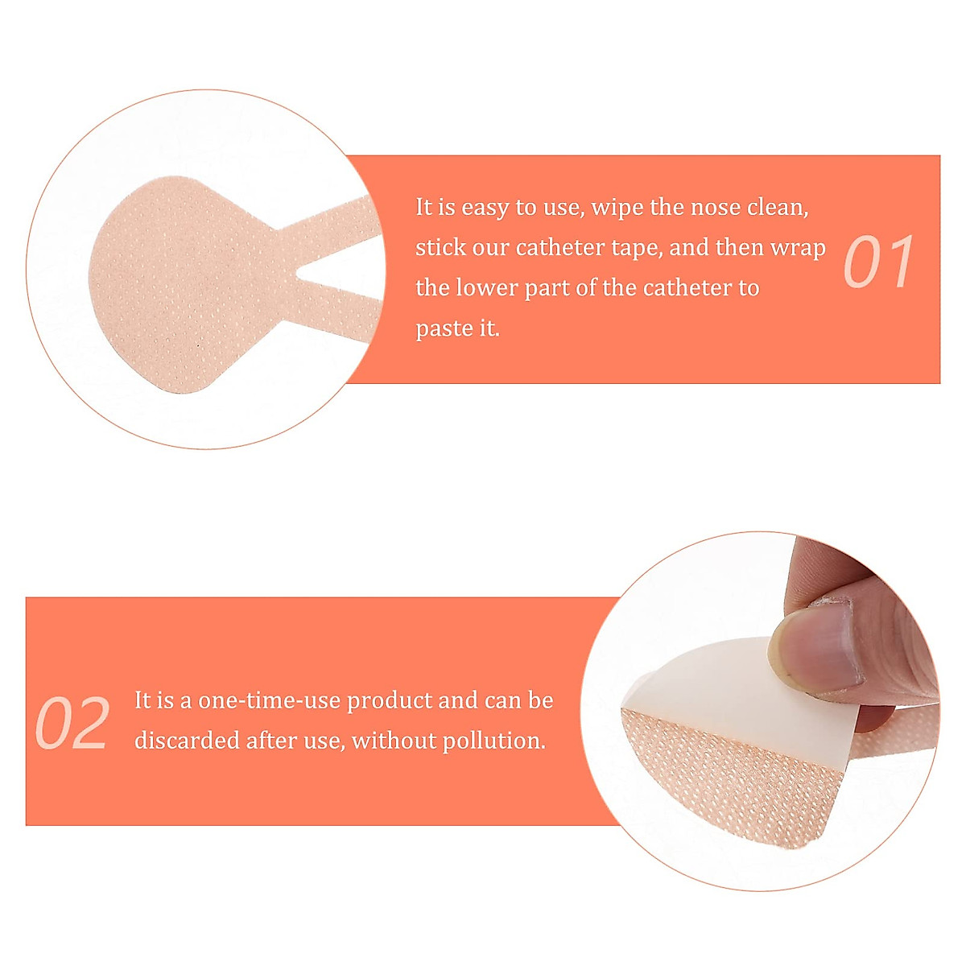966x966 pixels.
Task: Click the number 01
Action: coord(878,262)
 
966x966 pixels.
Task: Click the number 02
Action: coord(72,724)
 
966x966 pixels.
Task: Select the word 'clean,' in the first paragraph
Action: coord(778,207)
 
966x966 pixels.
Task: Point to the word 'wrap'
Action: coord(798,247)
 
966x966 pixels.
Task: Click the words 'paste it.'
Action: coord(457,328)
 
